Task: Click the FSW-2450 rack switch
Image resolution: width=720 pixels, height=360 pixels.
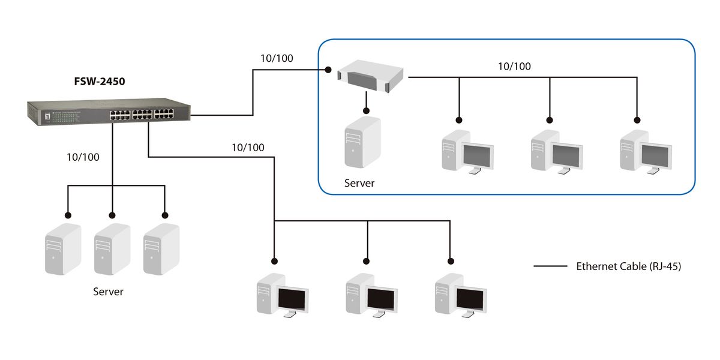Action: coord(109,113)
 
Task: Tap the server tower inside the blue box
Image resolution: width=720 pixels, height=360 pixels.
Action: coord(362,142)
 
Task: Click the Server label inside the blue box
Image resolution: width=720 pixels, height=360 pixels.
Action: coord(359,183)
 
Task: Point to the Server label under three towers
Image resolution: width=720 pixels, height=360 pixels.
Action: coord(108,292)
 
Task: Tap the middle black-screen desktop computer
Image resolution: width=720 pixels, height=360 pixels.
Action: coord(371,295)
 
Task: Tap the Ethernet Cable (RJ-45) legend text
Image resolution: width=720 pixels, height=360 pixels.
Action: coord(628,266)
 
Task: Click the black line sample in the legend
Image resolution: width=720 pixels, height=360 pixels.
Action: coord(550,266)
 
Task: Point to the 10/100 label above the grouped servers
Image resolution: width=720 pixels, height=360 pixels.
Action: coord(83,157)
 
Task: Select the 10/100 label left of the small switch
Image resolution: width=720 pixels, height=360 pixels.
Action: coord(277,58)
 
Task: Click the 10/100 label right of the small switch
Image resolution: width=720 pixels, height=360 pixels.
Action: coord(514,66)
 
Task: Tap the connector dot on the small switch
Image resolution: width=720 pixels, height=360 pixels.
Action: coord(329,70)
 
